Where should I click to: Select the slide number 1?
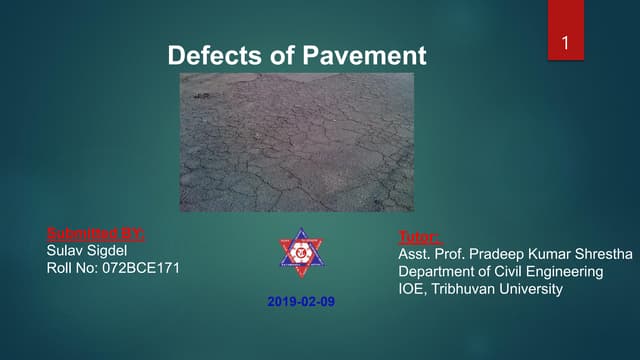tap(565, 43)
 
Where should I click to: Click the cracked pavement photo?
tap(296, 141)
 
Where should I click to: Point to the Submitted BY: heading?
tap(96, 235)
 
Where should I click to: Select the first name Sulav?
tap(66, 251)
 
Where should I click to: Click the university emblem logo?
tap(302, 252)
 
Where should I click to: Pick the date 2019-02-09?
tap(303, 300)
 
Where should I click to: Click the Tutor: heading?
tap(419, 237)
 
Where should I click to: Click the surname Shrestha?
tap(601, 254)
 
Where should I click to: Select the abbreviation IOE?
tap(412, 289)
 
